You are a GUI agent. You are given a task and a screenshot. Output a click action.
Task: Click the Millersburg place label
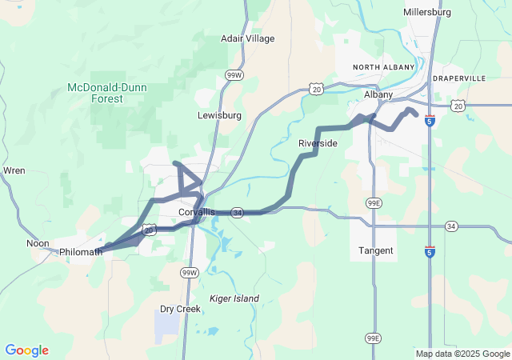[428, 13]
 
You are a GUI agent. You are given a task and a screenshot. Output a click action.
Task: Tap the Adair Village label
[247, 38]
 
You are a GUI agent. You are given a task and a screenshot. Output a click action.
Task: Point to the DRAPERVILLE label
[458, 78]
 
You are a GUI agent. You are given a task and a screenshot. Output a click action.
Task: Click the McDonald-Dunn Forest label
[106, 93]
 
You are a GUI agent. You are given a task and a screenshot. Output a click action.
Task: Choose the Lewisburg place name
[219, 115]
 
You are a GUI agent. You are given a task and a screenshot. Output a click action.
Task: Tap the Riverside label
[318, 143]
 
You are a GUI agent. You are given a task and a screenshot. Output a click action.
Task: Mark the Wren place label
[14, 170]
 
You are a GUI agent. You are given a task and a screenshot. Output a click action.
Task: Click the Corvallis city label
[196, 212]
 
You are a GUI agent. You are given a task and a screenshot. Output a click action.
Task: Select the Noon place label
[38, 243]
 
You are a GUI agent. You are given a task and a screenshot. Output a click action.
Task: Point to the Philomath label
[81, 252]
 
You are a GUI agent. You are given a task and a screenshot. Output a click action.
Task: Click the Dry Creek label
[179, 309]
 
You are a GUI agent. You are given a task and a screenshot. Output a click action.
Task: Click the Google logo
[26, 350]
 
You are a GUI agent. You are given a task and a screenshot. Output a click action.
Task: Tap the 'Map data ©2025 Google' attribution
[462, 354]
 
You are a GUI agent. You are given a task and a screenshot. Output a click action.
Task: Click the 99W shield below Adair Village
[234, 75]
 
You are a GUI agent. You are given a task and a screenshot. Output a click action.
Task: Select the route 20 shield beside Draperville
[458, 106]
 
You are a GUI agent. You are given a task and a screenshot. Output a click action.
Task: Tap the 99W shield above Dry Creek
[189, 273]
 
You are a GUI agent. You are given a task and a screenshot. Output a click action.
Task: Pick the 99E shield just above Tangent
[374, 204]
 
